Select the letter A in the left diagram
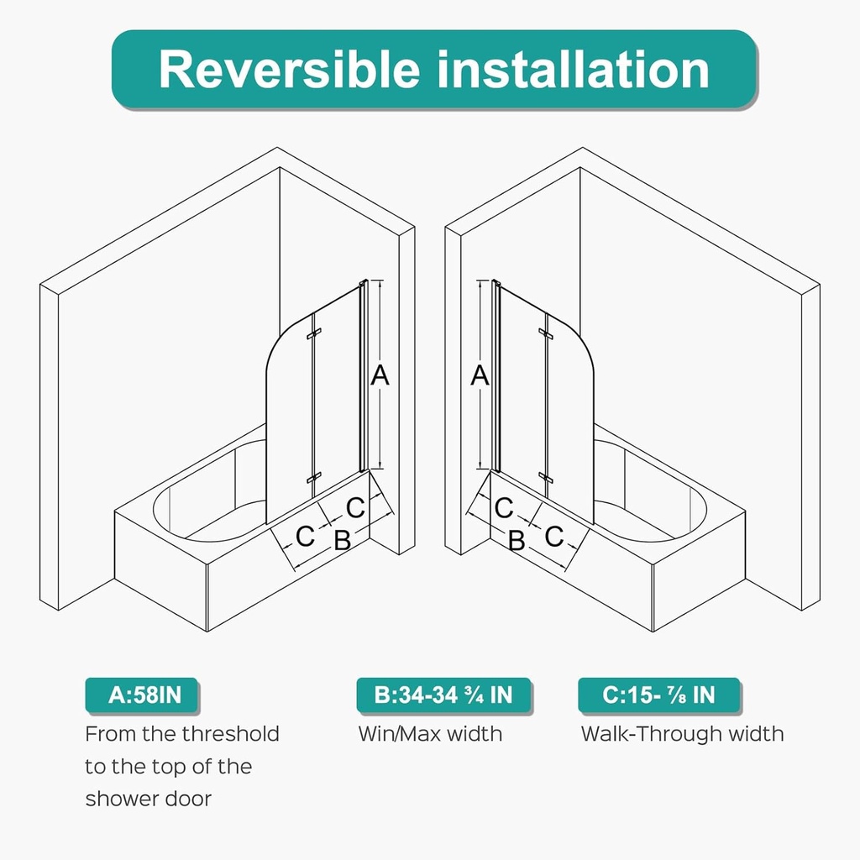point(380,375)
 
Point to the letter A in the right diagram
point(480,375)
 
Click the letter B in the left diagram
point(342,540)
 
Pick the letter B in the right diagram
point(517,541)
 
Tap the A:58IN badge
point(144,695)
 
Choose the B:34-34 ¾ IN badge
point(443,695)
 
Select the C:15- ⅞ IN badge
point(658,695)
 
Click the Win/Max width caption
point(430,734)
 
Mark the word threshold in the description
point(231,734)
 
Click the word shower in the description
point(118,799)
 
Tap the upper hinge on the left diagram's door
point(314,336)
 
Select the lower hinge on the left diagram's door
point(314,478)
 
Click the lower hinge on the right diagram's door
point(546,478)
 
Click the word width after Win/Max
point(474,734)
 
